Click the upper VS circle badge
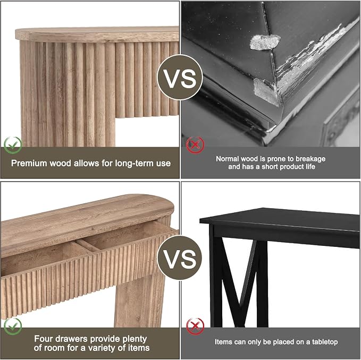tap(180, 78)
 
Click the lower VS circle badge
tap(180, 258)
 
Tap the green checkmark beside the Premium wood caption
tap(13, 145)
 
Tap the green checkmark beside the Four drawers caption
tap(13, 327)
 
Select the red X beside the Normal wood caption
tap(195, 145)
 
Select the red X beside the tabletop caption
tap(195, 327)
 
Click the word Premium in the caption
tap(29, 163)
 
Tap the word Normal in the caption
tap(228, 159)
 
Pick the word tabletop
tap(325, 342)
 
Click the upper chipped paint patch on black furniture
tap(265, 42)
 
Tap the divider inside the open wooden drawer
tap(88, 245)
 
